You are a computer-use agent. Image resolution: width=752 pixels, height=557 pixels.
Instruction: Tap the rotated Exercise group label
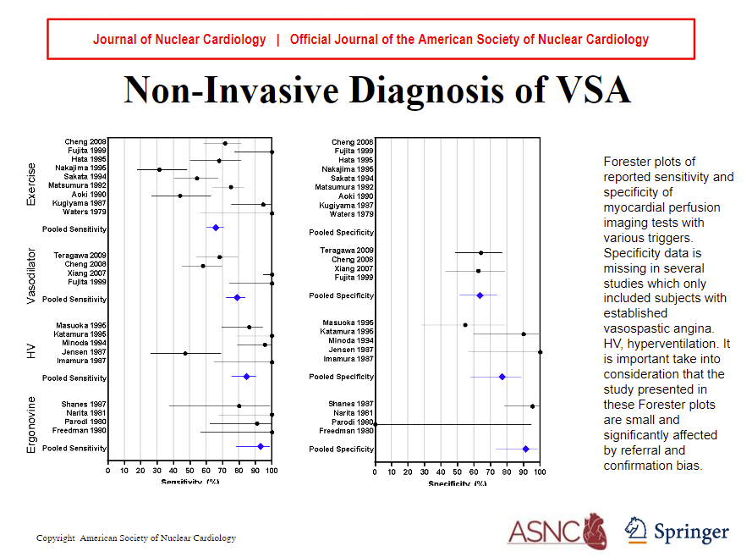click(31, 184)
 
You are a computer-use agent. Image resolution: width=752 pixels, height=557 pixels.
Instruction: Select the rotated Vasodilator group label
click(31, 278)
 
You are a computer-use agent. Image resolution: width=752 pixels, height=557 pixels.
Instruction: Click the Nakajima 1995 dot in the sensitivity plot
click(159, 169)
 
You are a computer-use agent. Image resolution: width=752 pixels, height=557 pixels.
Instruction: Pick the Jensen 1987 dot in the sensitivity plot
click(185, 353)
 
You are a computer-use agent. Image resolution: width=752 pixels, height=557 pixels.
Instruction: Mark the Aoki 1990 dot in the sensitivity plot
click(180, 196)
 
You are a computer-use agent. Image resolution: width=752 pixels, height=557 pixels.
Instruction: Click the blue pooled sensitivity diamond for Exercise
click(216, 228)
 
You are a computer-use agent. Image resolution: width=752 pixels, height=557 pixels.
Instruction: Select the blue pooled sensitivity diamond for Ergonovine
click(261, 446)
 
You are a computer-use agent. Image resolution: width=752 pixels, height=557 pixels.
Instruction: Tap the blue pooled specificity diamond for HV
click(502, 377)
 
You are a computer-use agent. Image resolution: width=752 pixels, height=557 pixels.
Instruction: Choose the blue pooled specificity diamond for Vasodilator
click(480, 295)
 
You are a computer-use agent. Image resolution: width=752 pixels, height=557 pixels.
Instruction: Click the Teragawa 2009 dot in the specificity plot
click(481, 252)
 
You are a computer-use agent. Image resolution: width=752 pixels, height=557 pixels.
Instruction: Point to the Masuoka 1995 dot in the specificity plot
click(465, 324)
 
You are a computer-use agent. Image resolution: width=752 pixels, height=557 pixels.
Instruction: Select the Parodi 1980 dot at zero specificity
click(375, 424)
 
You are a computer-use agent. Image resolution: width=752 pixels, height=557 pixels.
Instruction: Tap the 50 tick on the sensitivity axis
click(189, 471)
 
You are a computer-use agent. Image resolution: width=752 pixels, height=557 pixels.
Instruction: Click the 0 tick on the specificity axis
click(375, 471)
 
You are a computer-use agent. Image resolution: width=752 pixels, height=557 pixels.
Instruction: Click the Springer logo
click(676, 531)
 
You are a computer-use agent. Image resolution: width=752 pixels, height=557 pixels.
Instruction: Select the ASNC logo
click(557, 531)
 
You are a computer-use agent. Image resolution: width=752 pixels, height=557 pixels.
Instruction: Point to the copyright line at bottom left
click(136, 538)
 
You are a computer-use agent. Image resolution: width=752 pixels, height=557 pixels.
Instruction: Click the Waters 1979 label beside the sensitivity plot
click(85, 212)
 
